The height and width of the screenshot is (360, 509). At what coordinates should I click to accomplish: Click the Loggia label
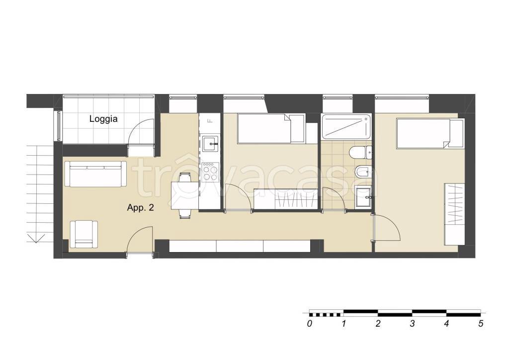coord(103,119)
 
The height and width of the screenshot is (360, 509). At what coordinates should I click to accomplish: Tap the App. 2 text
coord(140,208)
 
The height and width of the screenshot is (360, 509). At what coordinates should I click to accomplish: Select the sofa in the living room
coord(95,174)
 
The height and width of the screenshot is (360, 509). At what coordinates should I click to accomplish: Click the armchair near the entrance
coord(84,234)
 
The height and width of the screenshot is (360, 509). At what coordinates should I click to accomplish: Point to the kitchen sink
coord(210,144)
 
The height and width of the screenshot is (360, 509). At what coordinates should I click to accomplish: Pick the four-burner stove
coord(210,172)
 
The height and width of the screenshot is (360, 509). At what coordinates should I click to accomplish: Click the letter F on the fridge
coord(210,121)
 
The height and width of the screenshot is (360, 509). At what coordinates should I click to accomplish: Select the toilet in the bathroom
coord(361,152)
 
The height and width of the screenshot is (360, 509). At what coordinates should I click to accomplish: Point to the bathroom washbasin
coord(363,197)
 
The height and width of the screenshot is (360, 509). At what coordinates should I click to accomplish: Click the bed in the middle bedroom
coord(271,128)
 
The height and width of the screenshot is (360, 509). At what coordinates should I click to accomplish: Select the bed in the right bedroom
coord(430,133)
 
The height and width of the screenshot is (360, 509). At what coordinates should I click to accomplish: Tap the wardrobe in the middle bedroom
coord(286,199)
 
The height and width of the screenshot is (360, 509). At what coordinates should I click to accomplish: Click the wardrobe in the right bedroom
coord(454,214)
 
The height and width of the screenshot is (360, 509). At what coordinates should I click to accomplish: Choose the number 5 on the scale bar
coord(481,324)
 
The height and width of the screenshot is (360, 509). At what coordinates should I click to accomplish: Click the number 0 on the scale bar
coord(309,324)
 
